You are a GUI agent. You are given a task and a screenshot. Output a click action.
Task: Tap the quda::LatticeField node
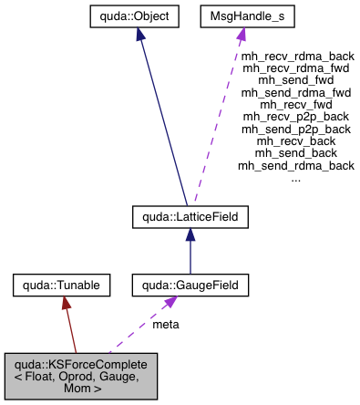(189, 217)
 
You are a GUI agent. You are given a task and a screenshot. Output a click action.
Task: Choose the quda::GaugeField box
(190, 286)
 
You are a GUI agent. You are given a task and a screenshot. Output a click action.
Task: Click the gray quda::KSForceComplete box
(82, 377)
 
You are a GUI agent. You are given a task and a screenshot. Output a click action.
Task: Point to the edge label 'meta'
(165, 324)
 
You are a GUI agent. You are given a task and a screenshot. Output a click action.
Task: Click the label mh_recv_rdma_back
(295, 56)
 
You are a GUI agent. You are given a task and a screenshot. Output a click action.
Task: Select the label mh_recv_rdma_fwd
(295, 67)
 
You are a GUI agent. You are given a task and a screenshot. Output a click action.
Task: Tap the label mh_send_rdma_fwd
(295, 92)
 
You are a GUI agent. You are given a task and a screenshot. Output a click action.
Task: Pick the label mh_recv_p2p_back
(295, 117)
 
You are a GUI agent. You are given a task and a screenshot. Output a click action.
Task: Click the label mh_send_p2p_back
(295, 129)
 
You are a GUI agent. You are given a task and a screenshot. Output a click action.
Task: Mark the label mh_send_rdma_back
(295, 165)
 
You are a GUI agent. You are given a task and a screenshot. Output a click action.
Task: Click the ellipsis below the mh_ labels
(295, 178)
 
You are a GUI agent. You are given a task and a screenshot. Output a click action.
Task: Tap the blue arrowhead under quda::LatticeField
(190, 234)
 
